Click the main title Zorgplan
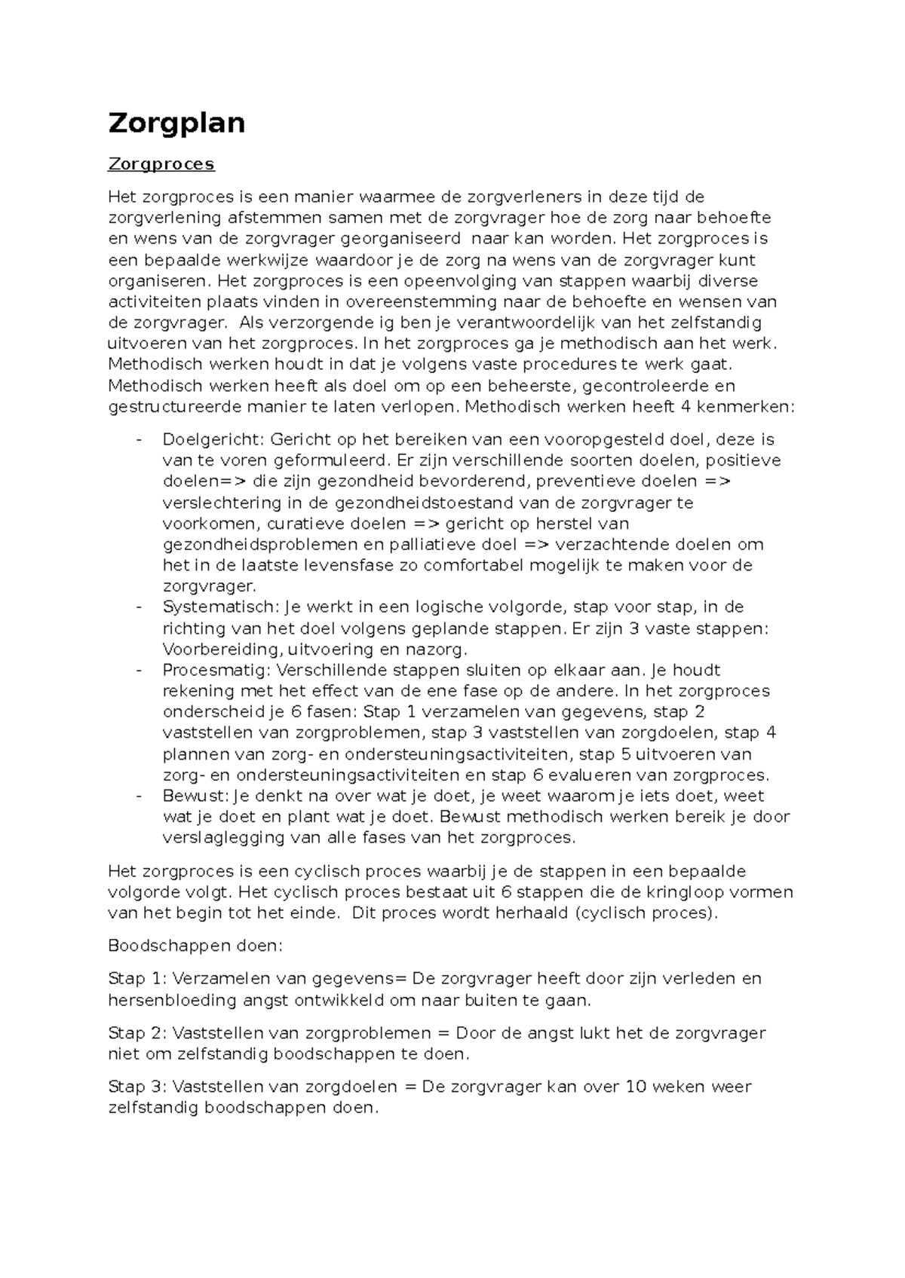click(x=176, y=122)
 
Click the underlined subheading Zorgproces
click(x=161, y=164)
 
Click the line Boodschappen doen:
click(x=195, y=946)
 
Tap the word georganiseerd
click(x=401, y=239)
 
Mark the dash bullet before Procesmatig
click(x=139, y=670)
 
